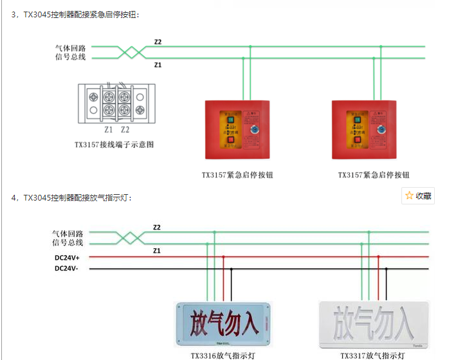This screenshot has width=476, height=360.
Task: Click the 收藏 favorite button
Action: tap(418, 196)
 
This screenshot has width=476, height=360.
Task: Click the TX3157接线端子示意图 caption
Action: tap(114, 145)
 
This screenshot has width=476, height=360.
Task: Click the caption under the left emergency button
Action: tap(237, 175)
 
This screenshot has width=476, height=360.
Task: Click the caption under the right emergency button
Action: tap(374, 175)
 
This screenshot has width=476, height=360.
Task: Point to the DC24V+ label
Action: tap(67, 257)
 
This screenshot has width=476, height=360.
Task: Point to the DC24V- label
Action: tap(66, 268)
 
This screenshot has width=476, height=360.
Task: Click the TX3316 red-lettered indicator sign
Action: tap(223, 324)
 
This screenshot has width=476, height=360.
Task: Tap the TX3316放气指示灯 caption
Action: tap(222, 355)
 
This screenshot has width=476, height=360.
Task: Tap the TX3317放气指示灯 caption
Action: tap(373, 355)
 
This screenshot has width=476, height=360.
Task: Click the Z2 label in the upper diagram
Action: tap(158, 42)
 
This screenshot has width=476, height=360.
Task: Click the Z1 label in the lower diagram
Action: tap(157, 250)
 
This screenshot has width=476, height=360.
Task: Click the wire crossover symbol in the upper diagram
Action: tap(133, 52)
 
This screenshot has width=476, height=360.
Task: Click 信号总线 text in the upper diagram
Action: tap(70, 57)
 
